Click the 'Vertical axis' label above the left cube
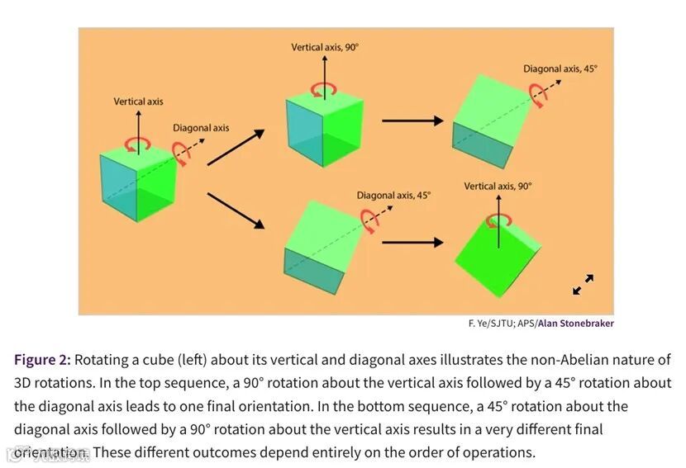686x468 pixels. coord(138,102)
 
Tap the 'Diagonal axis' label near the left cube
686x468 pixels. coord(201,128)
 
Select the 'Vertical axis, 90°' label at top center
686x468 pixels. coord(325,48)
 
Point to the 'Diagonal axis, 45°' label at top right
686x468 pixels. coord(560,69)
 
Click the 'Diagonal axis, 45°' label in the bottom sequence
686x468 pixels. coord(394,196)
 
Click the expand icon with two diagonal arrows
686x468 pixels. coord(583,285)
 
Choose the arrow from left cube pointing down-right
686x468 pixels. coord(236,210)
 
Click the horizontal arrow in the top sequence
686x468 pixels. coord(412,121)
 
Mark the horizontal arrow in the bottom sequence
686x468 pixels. coord(412,243)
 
